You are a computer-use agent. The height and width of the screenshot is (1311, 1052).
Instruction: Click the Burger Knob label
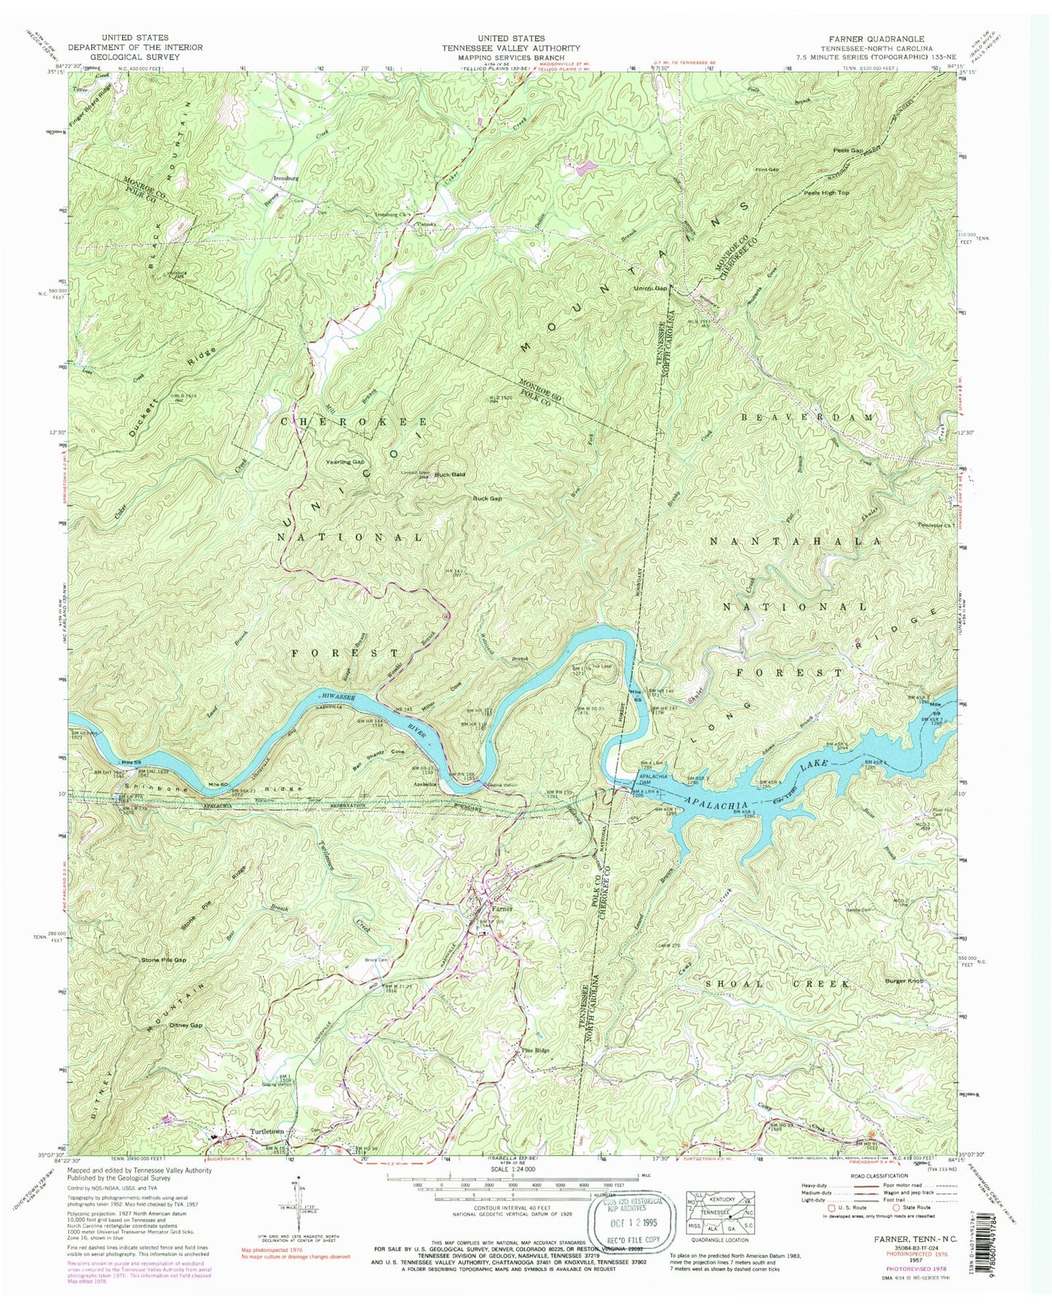(905, 982)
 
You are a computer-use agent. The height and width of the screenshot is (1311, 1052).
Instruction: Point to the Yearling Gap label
(345, 462)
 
